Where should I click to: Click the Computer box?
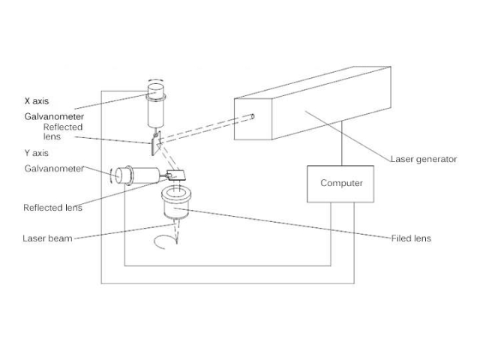341,183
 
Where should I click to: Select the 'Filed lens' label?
411,238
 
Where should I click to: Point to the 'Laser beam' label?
47,238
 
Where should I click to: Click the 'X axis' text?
37,100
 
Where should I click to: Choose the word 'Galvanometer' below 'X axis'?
52,117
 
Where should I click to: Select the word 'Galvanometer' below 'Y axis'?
52,169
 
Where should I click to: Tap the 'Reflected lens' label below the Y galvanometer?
52,208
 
